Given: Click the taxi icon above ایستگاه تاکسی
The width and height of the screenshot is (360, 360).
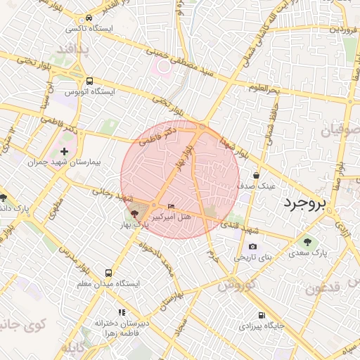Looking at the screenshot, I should coord(89,18).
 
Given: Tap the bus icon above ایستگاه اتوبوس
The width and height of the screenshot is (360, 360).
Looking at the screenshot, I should coord(89,81).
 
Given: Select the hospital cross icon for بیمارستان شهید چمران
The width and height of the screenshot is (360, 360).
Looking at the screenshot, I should coord(64,151).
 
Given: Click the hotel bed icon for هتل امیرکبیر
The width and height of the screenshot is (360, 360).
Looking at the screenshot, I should coord(172,206).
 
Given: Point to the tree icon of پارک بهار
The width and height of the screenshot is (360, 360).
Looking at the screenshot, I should coord(134,213).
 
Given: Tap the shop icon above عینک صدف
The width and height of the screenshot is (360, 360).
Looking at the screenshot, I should coord(256,176).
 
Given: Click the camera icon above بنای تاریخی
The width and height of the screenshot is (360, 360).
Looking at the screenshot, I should coord(252,247).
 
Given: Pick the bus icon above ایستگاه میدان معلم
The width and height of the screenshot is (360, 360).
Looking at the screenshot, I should coord(108,273).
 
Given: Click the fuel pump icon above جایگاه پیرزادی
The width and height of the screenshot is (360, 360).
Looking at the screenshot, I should coord(262,315).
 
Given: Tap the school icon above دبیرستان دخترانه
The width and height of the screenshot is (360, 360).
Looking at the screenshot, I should coord(122,311).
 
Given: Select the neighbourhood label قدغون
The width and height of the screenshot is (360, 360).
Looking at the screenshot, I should coord(324,288).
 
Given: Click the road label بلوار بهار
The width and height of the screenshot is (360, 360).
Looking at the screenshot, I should coord(181,159).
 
